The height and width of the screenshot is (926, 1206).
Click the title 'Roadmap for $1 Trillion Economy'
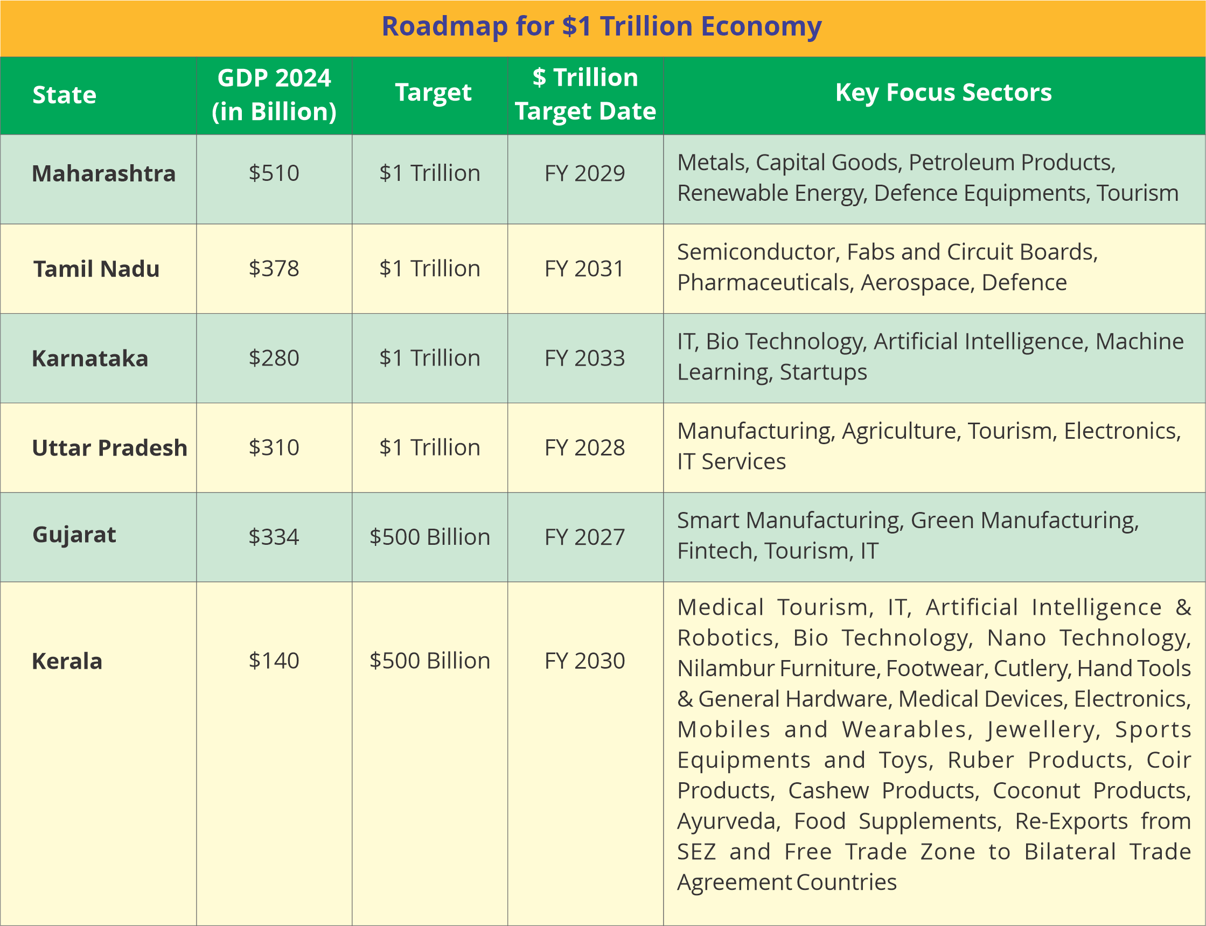(602, 26)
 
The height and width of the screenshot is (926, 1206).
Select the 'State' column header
(65, 95)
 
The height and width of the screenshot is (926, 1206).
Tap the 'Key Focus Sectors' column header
(943, 93)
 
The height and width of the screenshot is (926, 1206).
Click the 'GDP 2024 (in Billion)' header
(274, 94)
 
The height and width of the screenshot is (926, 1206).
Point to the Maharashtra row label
(103, 173)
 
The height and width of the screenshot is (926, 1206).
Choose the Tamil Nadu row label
(96, 269)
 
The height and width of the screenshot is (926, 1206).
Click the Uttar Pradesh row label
(110, 447)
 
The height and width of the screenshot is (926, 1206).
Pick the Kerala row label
(67, 661)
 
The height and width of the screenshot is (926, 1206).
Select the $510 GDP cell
(274, 173)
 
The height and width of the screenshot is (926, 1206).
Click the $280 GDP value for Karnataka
(274, 357)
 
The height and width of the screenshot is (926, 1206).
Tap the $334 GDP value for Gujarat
(274, 537)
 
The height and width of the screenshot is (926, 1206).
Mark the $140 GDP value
(274, 661)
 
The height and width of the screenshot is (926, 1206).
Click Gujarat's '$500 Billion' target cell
(430, 537)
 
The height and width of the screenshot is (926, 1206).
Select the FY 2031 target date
(584, 269)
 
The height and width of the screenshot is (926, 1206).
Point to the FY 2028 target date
(584, 447)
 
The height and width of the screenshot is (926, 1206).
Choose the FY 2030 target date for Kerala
(584, 661)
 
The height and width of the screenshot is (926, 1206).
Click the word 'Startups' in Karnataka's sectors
(823, 372)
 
